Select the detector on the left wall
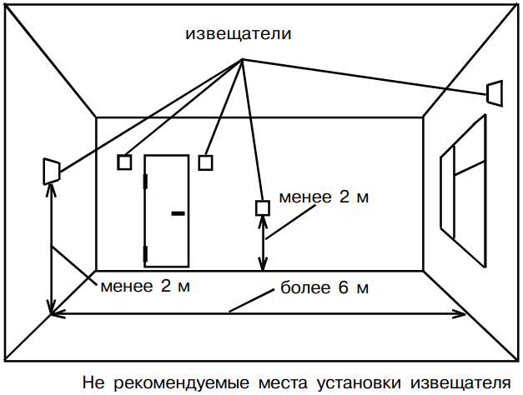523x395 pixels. point(51,170)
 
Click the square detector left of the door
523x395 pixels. point(125,162)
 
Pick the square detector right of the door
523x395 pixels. point(206,162)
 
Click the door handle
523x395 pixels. point(177,213)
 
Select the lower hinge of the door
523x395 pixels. point(145,252)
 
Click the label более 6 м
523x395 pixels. point(324,289)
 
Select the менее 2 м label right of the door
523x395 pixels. point(324,197)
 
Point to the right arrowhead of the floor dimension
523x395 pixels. point(461,314)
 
